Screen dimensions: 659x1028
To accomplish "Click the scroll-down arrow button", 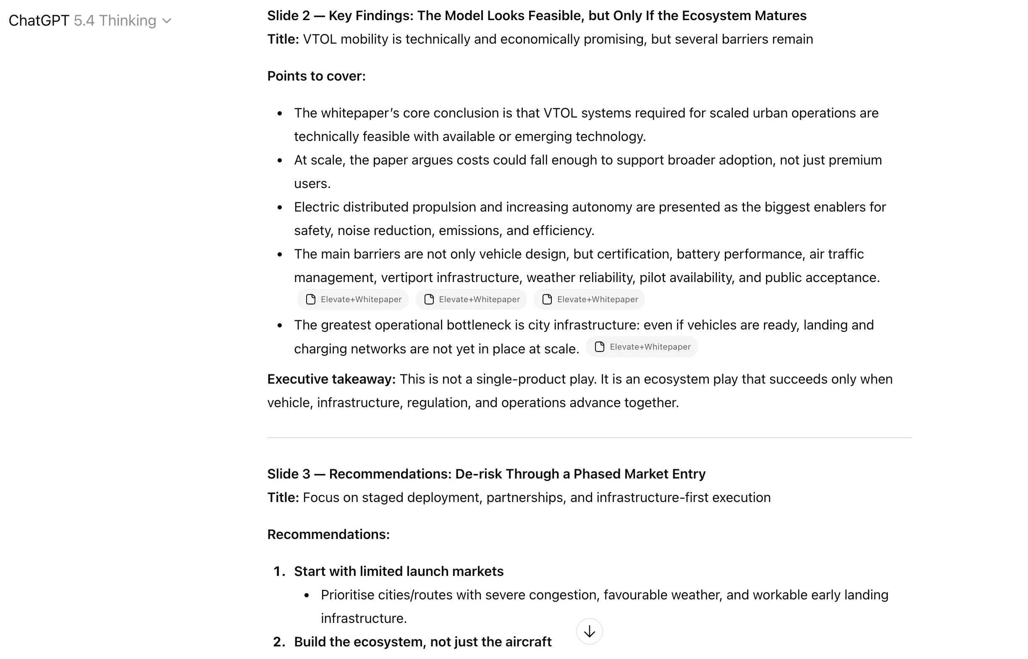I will click(589, 631).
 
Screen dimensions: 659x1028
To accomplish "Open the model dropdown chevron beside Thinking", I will click(167, 21).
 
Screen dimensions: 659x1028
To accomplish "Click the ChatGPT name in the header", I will click(39, 21).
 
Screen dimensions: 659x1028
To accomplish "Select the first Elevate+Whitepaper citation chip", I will click(353, 299).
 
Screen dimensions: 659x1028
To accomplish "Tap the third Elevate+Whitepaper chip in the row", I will click(589, 299).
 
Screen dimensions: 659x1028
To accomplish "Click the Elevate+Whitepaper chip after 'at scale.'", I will click(642, 347).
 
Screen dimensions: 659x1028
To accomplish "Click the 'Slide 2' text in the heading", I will click(288, 16).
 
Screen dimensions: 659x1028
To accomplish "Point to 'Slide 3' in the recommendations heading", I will click(288, 474).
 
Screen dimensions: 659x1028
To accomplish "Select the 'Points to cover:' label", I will click(316, 76).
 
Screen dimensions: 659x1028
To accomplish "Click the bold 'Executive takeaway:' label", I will click(331, 379).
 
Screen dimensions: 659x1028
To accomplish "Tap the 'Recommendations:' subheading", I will click(328, 534).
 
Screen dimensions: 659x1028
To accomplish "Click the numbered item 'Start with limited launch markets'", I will click(399, 571).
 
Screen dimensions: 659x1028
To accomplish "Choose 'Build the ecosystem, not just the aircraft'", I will click(422, 642).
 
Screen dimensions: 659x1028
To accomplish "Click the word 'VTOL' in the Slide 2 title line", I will click(319, 39).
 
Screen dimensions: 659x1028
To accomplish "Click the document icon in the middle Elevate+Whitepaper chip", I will click(429, 299).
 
